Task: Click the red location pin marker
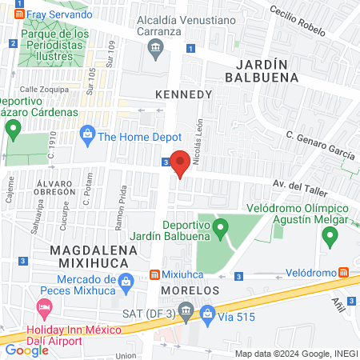click(x=180, y=162)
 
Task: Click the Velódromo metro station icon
click(x=343, y=272)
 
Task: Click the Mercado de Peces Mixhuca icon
click(x=125, y=282)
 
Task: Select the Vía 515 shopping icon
click(x=207, y=312)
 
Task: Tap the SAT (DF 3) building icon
click(x=186, y=309)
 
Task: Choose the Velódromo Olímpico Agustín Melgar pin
click(x=328, y=236)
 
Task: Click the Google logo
click(x=26, y=350)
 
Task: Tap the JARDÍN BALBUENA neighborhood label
click(x=261, y=70)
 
